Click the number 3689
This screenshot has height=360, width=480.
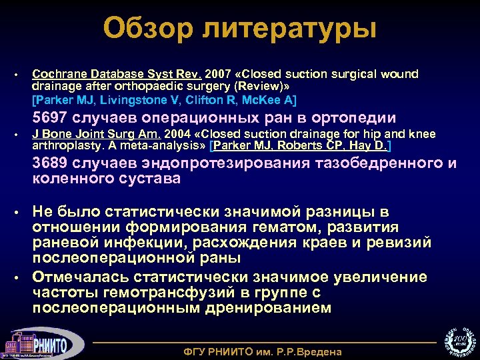53,164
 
